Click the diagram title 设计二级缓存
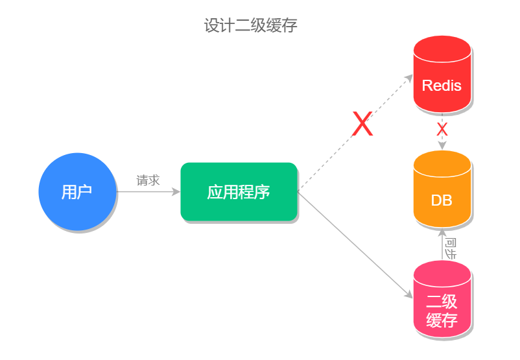[250, 26]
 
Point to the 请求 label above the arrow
[148, 180]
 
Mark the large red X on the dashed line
[362, 124]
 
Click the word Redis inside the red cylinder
[442, 86]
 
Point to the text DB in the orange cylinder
[442, 200]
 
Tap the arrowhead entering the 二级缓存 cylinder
[408, 294]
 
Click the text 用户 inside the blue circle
[77, 192]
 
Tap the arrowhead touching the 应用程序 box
[176, 192]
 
